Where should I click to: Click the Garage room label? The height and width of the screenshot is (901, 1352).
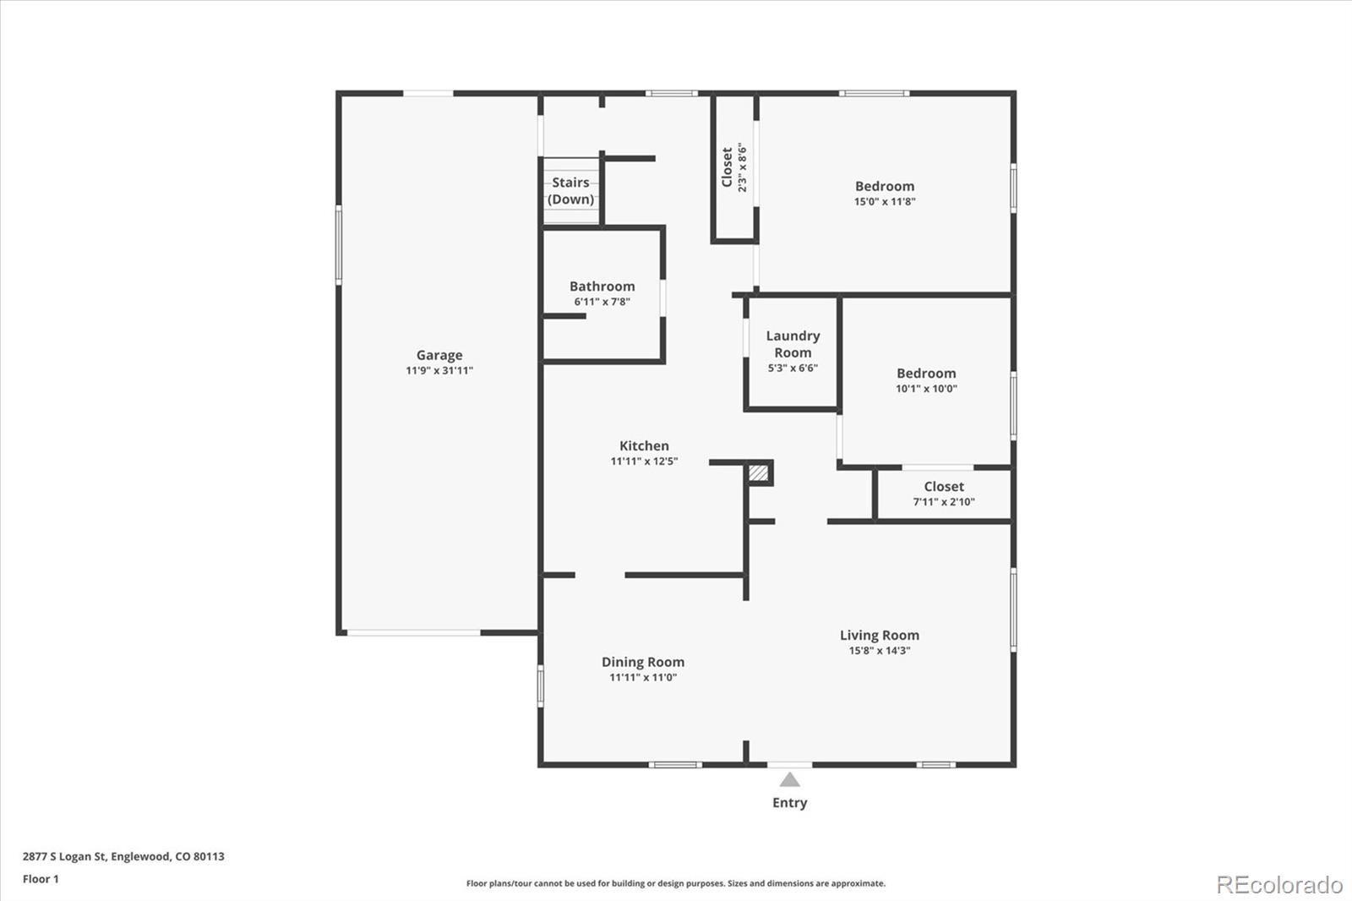point(439,355)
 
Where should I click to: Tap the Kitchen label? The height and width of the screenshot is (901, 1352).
point(644,445)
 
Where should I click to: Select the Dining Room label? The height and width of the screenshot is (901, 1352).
point(643,662)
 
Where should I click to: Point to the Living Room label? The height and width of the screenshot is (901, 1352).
point(880,636)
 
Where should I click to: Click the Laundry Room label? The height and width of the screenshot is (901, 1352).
point(793,344)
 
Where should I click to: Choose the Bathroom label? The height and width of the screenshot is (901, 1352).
point(602,287)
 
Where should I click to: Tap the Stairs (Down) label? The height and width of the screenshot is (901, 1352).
point(571,191)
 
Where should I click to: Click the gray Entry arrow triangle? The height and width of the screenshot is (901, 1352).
point(789,780)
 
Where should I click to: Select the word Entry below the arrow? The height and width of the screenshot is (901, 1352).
point(789,803)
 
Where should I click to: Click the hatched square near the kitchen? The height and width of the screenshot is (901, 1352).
point(759,472)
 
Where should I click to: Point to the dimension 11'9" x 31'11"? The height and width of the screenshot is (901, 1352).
point(439,371)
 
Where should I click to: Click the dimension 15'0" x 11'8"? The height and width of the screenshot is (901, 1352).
point(885,202)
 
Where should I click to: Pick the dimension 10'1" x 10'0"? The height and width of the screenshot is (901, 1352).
point(926,389)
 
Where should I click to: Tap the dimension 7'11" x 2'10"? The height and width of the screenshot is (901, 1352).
point(944,502)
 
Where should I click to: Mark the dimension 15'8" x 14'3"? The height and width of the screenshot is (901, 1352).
point(880,650)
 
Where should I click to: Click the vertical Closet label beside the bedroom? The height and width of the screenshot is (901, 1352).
point(728,167)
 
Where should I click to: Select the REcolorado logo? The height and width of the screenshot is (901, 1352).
point(1279,885)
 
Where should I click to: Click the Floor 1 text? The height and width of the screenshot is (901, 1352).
point(41,879)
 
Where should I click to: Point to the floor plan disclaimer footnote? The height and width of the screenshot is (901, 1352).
point(676,883)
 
